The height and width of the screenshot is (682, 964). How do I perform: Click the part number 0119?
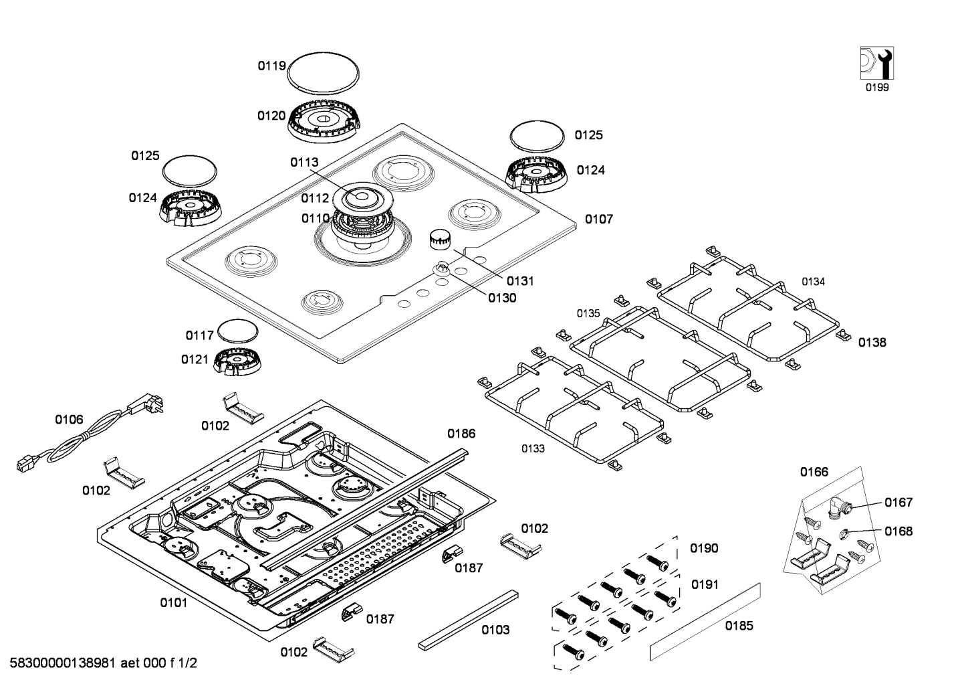271,66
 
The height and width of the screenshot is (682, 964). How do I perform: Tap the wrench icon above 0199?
876,63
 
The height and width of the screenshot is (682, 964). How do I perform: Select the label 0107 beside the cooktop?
598,220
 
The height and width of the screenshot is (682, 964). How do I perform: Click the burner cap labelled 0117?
238,331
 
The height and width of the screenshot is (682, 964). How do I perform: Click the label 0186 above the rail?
461,434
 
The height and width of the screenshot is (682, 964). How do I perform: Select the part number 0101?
173,603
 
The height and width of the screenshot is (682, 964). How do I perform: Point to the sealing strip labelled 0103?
468,620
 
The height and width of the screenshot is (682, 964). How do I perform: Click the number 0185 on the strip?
739,626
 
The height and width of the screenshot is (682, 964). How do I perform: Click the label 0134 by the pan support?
813,282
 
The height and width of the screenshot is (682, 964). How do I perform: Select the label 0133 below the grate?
533,449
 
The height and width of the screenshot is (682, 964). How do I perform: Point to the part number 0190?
704,548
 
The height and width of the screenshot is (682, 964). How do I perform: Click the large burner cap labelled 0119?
323,72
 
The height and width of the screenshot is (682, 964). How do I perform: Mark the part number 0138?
872,343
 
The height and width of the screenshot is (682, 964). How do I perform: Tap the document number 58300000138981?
62,663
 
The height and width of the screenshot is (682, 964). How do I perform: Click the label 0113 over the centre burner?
304,163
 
